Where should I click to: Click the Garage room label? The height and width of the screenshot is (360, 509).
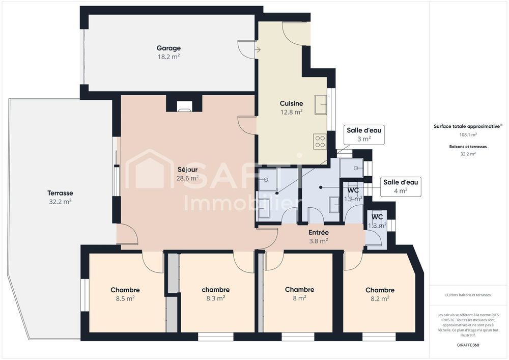pos(168,48)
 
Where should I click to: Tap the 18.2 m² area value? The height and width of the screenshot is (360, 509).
pos(168,57)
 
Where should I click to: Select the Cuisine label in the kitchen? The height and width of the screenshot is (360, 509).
pos(291,103)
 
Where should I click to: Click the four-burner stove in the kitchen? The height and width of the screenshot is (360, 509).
pos(320,141)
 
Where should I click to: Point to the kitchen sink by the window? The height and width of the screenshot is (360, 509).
pos(321,104)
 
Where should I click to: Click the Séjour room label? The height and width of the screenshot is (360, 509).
pos(187,170)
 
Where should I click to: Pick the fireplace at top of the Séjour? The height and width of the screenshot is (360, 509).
pos(184,106)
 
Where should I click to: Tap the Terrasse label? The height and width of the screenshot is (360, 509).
pos(60,193)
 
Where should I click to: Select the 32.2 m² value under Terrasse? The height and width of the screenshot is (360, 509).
pos(60,202)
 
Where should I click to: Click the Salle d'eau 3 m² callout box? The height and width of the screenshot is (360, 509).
pos(363,134)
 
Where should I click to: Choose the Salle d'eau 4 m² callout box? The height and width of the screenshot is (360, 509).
pos(401,186)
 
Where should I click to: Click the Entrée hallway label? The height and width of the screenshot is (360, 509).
pos(319,233)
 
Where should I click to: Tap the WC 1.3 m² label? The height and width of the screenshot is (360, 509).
pos(377,220)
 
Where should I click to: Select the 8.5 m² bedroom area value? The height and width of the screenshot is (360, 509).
pos(125,299)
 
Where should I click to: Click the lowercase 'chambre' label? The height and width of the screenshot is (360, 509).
pos(215,290)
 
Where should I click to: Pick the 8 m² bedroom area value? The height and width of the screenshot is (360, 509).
pos(299,298)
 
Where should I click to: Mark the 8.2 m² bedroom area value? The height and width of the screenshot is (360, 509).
pos(380,299)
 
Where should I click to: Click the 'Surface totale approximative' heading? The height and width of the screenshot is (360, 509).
pos(467,126)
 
